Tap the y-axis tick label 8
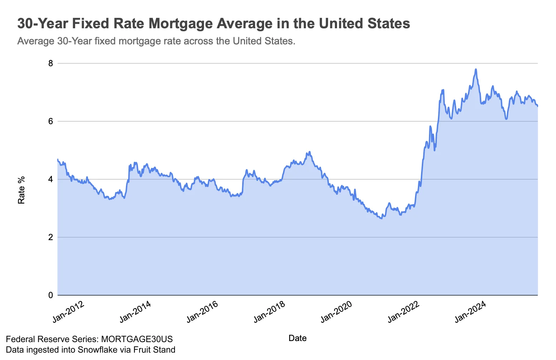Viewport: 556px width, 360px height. coord(50,63)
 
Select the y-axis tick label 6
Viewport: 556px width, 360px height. coord(50,121)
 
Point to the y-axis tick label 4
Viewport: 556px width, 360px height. coord(50,179)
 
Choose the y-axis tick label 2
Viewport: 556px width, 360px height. coord(50,237)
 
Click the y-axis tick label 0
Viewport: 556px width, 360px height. coord(50,295)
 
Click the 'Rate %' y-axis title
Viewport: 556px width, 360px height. coord(22,190)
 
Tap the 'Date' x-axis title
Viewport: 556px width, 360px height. coord(297,338)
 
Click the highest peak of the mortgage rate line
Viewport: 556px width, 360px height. coord(475,69)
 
